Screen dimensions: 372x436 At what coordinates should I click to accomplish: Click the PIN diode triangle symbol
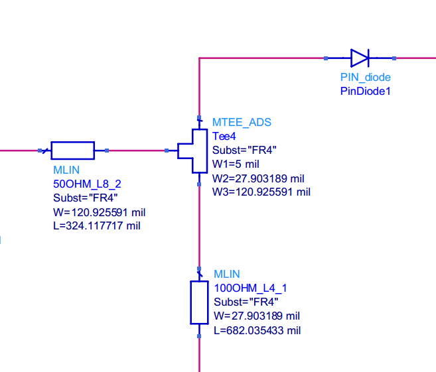(x=360, y=58)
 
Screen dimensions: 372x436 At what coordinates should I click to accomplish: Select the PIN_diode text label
(x=365, y=78)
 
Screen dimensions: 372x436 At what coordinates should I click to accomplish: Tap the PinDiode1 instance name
(x=365, y=91)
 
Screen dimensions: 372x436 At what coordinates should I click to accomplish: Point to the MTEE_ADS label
(x=242, y=123)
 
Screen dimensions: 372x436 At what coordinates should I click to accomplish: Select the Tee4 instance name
(x=224, y=137)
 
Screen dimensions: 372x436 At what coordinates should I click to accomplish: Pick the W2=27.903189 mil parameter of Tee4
(x=258, y=178)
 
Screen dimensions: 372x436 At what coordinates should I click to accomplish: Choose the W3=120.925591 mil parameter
(x=261, y=192)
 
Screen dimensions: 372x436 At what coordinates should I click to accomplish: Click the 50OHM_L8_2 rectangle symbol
(x=72, y=151)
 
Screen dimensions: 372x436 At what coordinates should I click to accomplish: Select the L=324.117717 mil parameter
(x=96, y=226)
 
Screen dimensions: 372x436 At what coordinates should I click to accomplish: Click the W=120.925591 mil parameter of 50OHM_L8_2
(x=99, y=212)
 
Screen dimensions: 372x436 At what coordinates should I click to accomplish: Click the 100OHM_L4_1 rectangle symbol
(x=199, y=302)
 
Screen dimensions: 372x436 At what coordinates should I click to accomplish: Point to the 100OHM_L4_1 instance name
(x=250, y=288)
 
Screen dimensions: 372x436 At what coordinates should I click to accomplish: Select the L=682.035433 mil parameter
(x=257, y=330)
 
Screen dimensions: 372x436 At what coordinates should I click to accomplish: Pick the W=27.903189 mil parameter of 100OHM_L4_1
(x=257, y=316)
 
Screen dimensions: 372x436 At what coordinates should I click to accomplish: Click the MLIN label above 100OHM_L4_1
(x=227, y=274)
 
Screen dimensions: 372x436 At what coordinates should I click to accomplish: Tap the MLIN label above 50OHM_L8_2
(x=66, y=170)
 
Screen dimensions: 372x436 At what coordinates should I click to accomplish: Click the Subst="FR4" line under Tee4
(x=244, y=151)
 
